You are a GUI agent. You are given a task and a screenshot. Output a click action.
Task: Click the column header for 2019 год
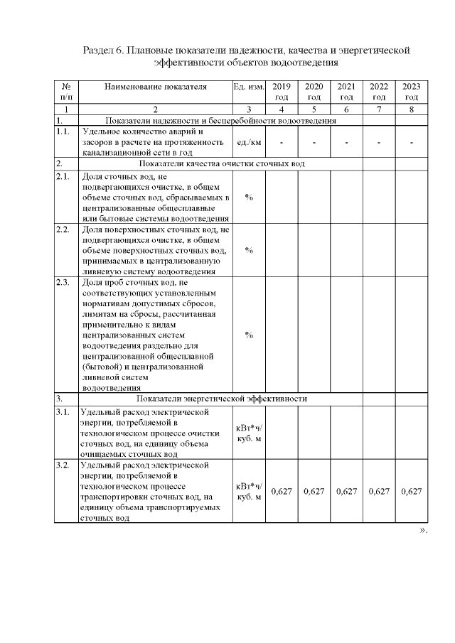(282, 92)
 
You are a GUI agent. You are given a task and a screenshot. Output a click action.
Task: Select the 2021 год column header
(346, 92)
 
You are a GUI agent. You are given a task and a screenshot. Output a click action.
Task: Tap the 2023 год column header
(411, 92)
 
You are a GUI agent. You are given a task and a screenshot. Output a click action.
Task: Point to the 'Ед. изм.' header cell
(248, 87)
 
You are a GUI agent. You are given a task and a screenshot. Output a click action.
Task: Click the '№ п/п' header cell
(66, 92)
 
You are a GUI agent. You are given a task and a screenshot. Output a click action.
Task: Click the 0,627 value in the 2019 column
(282, 491)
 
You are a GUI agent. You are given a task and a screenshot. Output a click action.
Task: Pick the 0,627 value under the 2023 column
(411, 491)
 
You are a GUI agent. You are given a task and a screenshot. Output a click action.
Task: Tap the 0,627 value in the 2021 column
(346, 491)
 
